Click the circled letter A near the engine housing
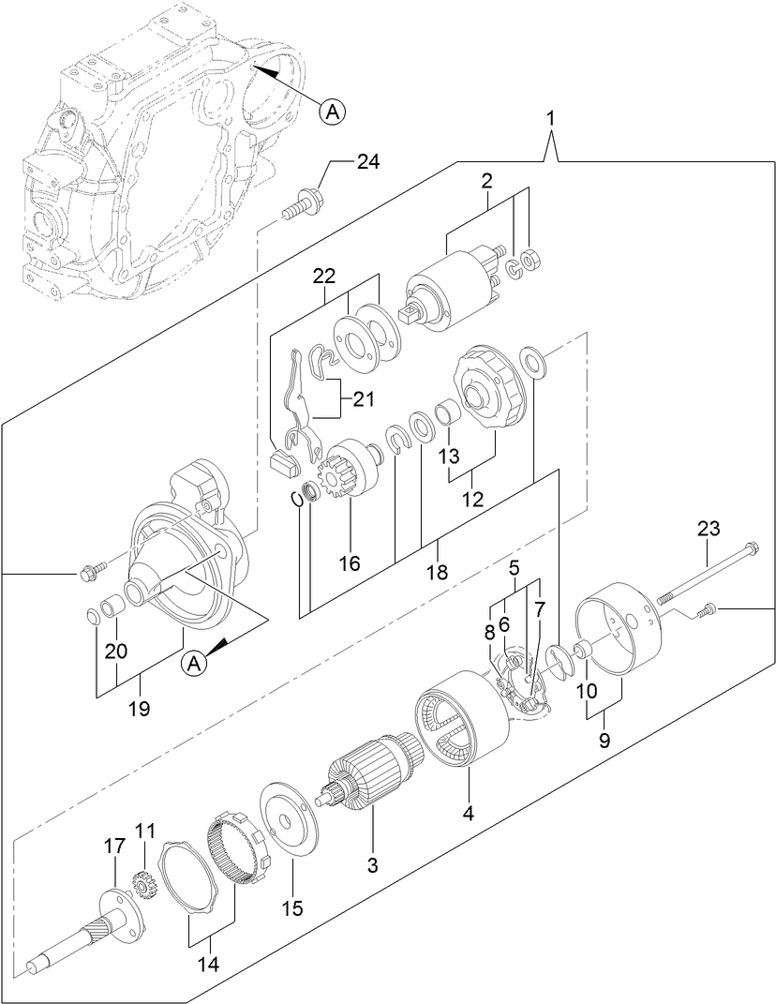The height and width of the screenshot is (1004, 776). pos(331,112)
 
